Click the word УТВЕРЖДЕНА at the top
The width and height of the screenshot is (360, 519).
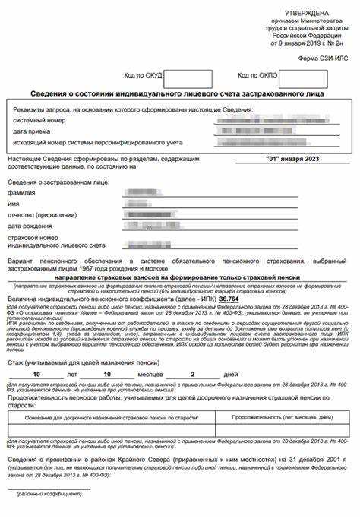pos(307,14)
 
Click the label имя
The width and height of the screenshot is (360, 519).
pos(14,204)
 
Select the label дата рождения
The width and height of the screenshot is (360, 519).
pos(31,225)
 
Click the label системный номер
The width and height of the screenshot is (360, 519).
pos(38,121)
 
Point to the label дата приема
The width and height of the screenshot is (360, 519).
pos(31,131)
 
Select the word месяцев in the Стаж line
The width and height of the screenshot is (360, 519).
pos(150,375)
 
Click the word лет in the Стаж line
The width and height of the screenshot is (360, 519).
pos(71,375)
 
